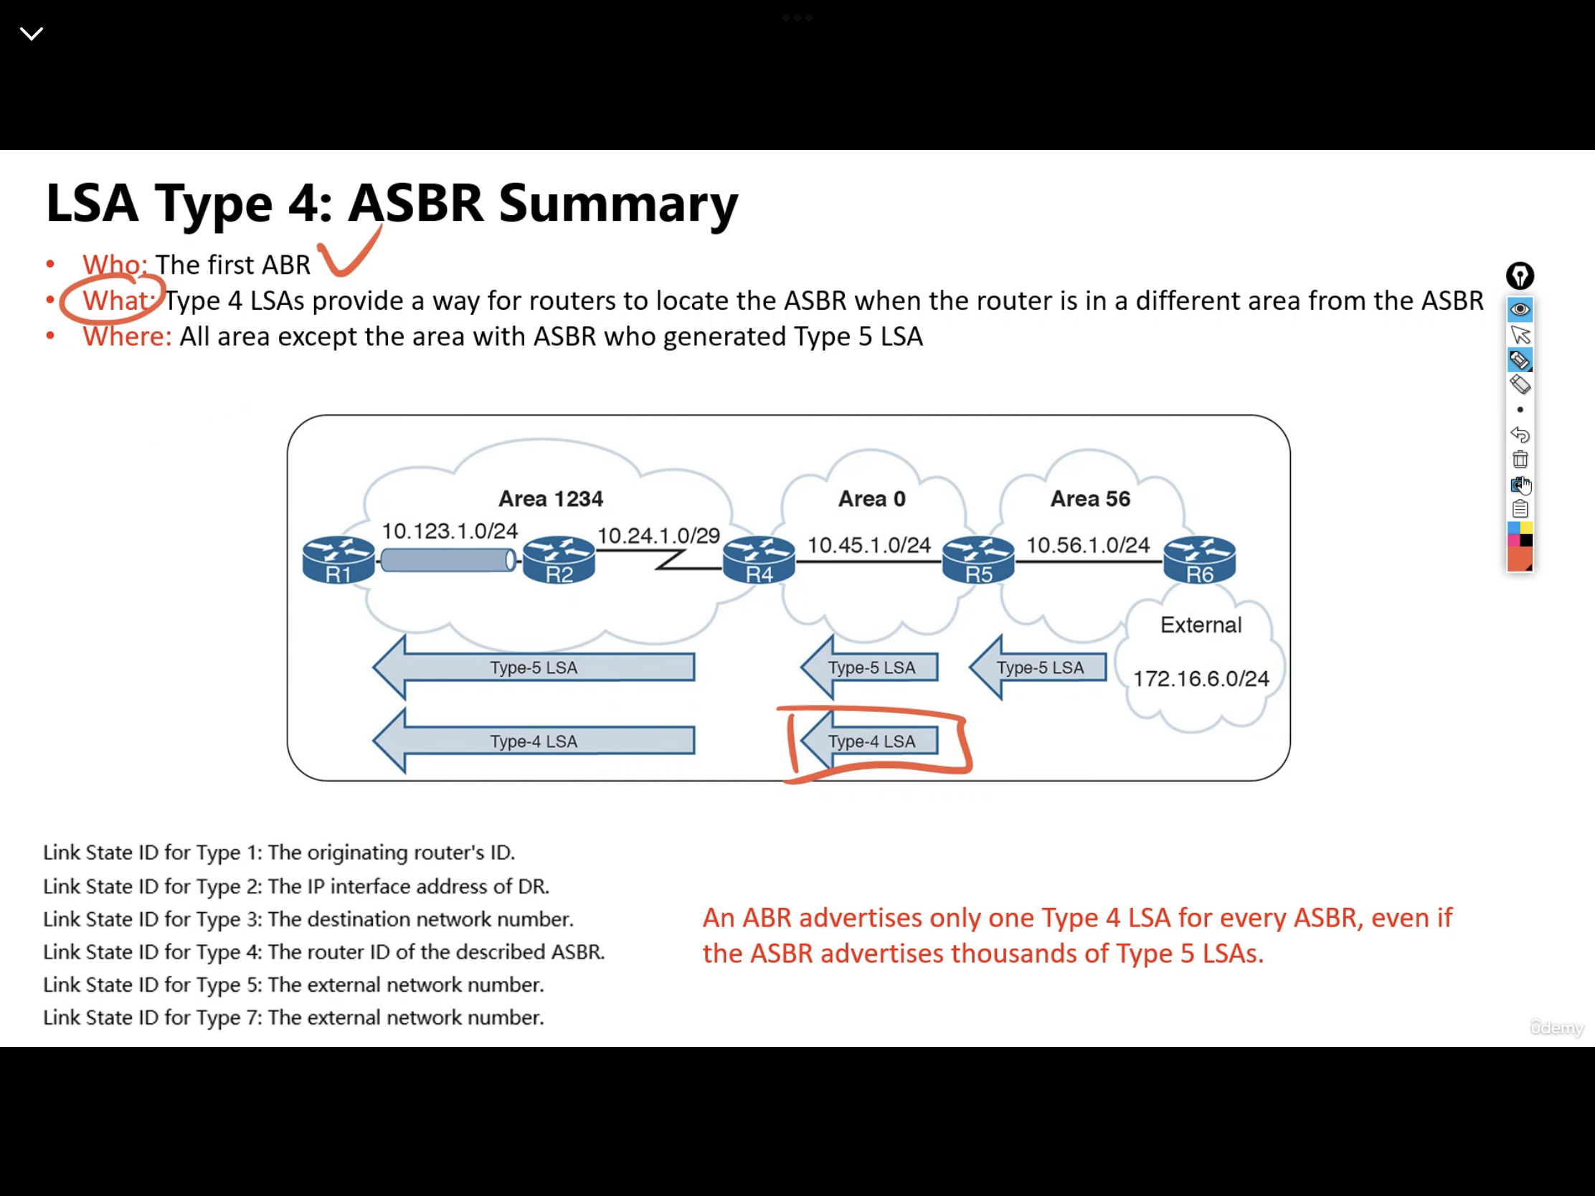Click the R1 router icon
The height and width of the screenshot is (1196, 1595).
pyautogui.click(x=339, y=559)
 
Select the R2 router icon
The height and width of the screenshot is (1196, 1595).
pyautogui.click(x=559, y=559)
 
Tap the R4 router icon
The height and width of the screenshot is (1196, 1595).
pyautogui.click(x=759, y=559)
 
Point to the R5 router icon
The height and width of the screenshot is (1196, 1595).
pyautogui.click(x=978, y=559)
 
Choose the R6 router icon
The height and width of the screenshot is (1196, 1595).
pyautogui.click(x=1199, y=559)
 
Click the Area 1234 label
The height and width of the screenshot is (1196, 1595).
pyautogui.click(x=551, y=498)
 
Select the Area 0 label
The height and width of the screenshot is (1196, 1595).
pyautogui.click(x=872, y=498)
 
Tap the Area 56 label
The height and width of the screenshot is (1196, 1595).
pyautogui.click(x=1090, y=498)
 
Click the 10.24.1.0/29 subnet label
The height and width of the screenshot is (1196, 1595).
pyautogui.click(x=658, y=536)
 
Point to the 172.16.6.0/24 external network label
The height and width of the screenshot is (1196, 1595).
pyautogui.click(x=1201, y=678)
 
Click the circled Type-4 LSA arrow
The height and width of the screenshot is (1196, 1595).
pyautogui.click(x=870, y=741)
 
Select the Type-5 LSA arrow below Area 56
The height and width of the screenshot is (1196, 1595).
pyautogui.click(x=1038, y=667)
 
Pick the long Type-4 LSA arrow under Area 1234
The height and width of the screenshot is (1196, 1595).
pyautogui.click(x=534, y=741)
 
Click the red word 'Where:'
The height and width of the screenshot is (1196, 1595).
pyautogui.click(x=127, y=337)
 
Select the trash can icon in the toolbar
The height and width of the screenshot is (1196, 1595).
pyautogui.click(x=1520, y=459)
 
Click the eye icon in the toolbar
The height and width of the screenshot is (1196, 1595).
pyautogui.click(x=1520, y=309)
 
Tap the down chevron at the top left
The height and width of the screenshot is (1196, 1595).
pyautogui.click(x=32, y=33)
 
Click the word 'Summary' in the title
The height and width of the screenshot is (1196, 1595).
pyautogui.click(x=618, y=204)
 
